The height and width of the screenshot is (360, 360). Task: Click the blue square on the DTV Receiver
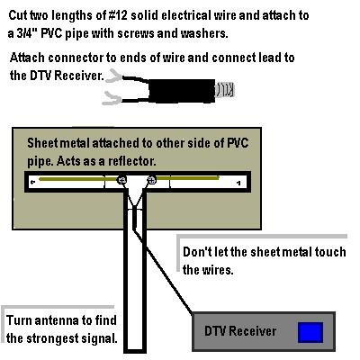(310, 332)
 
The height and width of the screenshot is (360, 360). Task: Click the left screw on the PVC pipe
(121, 181)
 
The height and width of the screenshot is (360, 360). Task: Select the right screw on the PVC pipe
(152, 181)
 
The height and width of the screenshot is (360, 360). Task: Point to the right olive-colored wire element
(194, 180)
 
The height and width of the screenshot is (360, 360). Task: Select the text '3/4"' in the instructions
(30, 33)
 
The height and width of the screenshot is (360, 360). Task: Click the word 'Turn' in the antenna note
(22, 321)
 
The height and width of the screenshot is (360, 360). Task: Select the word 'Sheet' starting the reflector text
(45, 143)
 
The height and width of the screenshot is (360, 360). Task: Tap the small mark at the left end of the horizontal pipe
(33, 183)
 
